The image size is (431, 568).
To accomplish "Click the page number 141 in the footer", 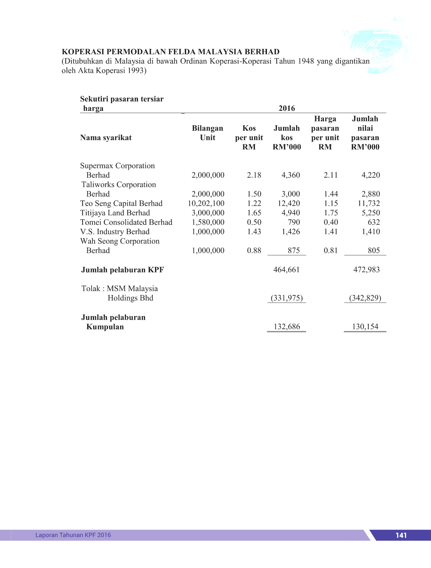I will pos(401,535).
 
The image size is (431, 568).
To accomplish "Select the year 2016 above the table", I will pos(286,108).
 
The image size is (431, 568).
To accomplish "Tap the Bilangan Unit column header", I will pos(207,133).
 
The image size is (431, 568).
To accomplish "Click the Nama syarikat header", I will pos(106,138).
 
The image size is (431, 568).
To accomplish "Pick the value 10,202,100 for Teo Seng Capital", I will pos(206,204).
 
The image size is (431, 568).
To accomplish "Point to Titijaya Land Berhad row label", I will pos(115,213).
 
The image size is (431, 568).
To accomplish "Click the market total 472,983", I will pos(366,270).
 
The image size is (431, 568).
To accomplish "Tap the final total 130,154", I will pos(365,327).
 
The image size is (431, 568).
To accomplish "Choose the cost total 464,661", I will pos(286,270).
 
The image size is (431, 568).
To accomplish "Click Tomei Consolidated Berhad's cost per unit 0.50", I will pos(254,222).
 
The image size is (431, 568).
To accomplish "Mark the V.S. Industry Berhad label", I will pos(115,232).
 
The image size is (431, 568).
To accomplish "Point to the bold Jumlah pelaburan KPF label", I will pos(122,270).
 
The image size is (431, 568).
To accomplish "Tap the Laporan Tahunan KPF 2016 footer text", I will pos(73,535).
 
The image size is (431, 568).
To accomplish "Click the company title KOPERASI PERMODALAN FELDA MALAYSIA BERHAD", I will pos(170,52).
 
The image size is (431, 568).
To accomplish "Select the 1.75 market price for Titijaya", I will pos(331,213).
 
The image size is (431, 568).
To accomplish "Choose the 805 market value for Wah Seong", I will pos(374,251).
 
